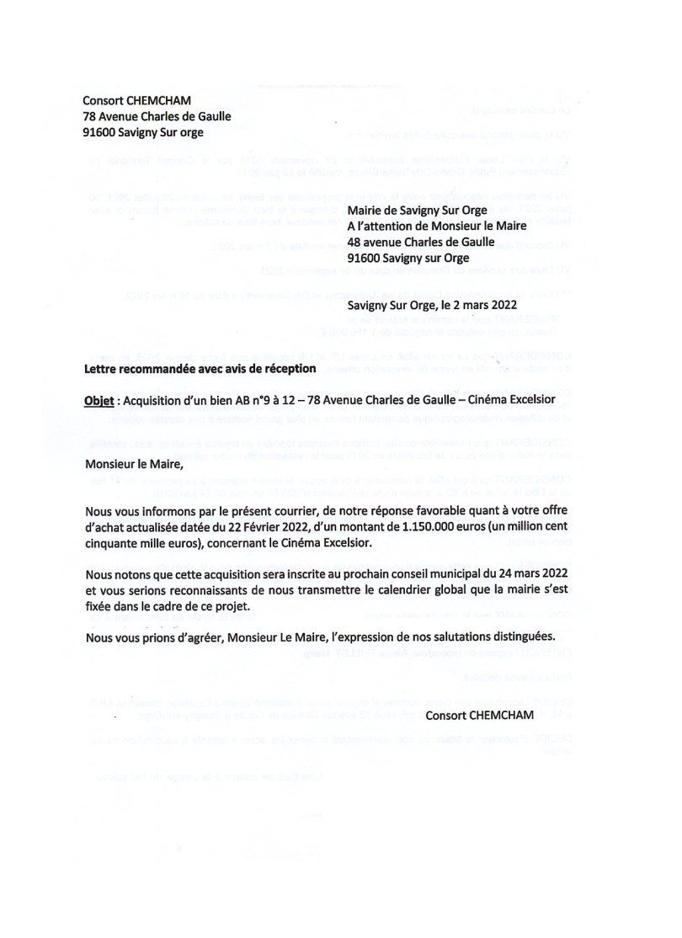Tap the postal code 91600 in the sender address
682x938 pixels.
(x=100, y=131)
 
